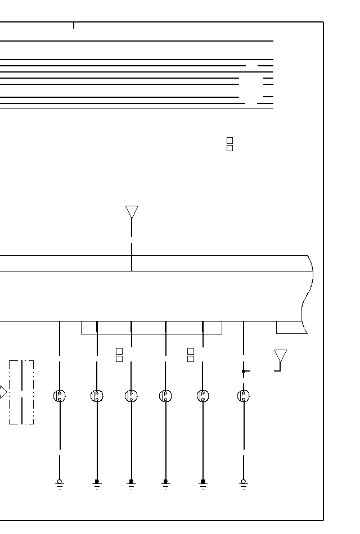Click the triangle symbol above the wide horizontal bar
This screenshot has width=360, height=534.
pyautogui.click(x=132, y=212)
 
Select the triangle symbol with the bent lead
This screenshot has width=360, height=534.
pyautogui.click(x=280, y=356)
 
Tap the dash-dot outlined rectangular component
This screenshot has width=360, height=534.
pyautogui.click(x=21, y=392)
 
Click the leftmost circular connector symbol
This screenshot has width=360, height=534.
pyautogui.click(x=60, y=396)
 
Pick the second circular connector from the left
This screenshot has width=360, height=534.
pyautogui.click(x=97, y=396)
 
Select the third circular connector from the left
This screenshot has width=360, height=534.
pyautogui.click(x=131, y=396)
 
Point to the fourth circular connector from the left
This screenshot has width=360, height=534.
pyautogui.click(x=165, y=396)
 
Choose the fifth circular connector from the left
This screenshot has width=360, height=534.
pyautogui.click(x=203, y=396)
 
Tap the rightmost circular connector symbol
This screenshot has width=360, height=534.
pyautogui.click(x=244, y=396)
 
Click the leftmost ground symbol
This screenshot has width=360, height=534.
pyautogui.click(x=60, y=484)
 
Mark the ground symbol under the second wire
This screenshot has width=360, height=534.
pyautogui.click(x=97, y=484)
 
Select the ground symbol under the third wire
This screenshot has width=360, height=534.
pyautogui.click(x=131, y=484)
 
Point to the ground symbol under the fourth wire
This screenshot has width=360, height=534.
pyautogui.click(x=165, y=484)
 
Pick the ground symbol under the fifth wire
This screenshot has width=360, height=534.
pyautogui.click(x=203, y=484)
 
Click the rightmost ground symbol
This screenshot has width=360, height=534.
pyautogui.click(x=244, y=484)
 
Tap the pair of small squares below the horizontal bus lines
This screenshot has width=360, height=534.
pyautogui.click(x=229, y=144)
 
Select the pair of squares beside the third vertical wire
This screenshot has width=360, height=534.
pyautogui.click(x=119, y=355)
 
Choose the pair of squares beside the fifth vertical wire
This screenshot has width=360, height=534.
pyautogui.click(x=191, y=355)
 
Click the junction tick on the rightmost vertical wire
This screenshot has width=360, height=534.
pyautogui.click(x=245, y=371)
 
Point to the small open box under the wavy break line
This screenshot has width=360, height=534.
pyautogui.click(x=290, y=328)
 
